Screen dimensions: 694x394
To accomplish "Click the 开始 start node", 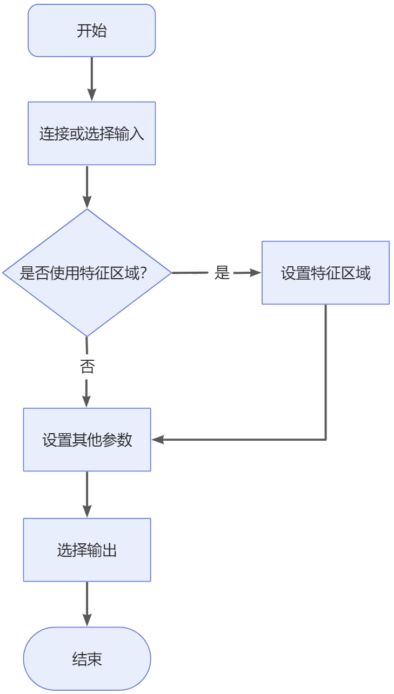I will click(x=92, y=31).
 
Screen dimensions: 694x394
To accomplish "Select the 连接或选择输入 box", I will click(x=92, y=133).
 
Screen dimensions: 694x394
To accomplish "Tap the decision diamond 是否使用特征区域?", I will click(x=86, y=273).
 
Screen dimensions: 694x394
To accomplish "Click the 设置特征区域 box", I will click(x=325, y=273).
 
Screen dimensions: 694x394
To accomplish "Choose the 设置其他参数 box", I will click(x=87, y=440).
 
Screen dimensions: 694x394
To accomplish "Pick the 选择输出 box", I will click(x=87, y=550).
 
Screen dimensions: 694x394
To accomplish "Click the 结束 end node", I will click(x=87, y=659).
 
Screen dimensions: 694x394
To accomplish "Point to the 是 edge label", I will click(x=222, y=273).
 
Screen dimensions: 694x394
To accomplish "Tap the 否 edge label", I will click(x=87, y=368).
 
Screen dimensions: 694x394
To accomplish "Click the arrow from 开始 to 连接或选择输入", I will click(x=92, y=78).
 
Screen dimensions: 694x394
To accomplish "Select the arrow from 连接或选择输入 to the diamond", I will click(x=87, y=186).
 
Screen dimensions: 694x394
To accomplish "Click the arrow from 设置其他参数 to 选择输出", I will click(x=87, y=494).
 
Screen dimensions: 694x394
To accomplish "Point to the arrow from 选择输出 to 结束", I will click(x=87, y=604).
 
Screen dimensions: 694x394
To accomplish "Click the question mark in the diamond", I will click(x=144, y=273).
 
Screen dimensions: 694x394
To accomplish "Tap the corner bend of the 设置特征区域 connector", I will click(x=326, y=440).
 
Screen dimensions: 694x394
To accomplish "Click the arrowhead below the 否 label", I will click(x=87, y=401).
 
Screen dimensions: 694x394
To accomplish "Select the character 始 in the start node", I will click(x=99, y=31).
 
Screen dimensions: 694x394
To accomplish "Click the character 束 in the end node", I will click(x=95, y=659).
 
